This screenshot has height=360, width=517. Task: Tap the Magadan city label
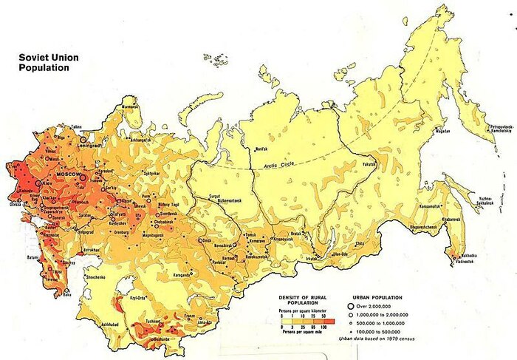pos(443,131)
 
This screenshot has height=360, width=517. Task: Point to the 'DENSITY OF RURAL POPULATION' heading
pos(304,300)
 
